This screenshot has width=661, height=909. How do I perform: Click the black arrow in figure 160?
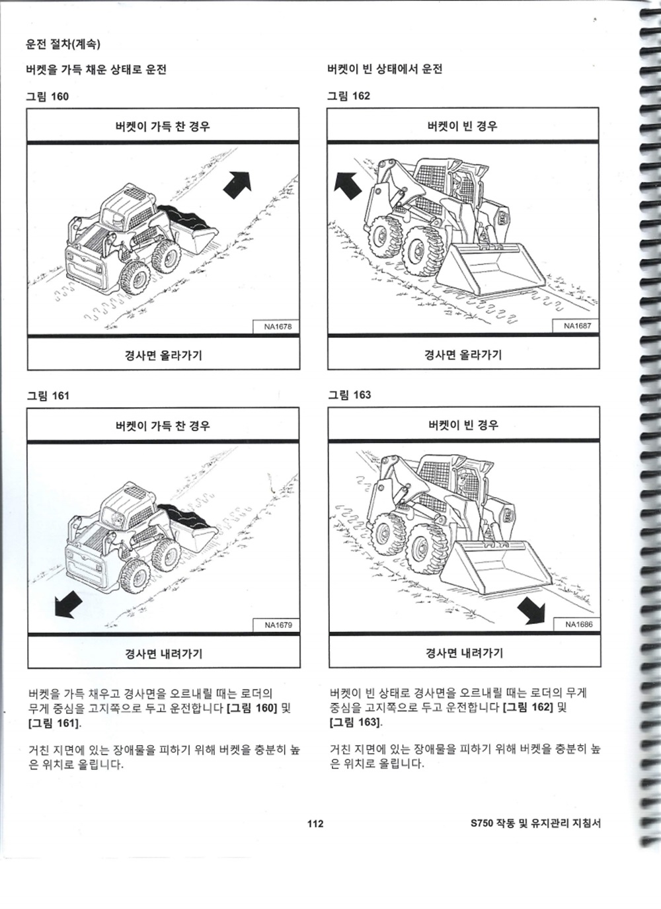(238, 185)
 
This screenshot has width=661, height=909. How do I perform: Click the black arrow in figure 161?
(68, 604)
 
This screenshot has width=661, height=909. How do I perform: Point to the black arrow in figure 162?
(347, 186)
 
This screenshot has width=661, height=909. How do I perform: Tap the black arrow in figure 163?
(531, 610)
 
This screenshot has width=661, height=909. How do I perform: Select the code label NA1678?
(278, 327)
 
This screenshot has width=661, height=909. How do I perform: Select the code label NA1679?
(278, 625)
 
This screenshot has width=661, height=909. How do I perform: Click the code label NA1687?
(578, 325)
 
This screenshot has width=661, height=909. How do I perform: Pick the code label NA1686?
(578, 624)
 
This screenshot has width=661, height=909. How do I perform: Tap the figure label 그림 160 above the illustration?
(48, 97)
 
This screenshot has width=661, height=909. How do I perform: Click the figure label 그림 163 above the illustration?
(350, 395)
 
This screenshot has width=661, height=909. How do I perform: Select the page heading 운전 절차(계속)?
(63, 44)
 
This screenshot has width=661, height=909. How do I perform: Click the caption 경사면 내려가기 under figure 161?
(163, 654)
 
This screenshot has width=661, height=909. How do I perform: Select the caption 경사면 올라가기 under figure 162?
(463, 355)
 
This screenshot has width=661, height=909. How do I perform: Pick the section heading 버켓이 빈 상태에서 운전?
(385, 69)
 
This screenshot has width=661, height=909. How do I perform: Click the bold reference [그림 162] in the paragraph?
(527, 707)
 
